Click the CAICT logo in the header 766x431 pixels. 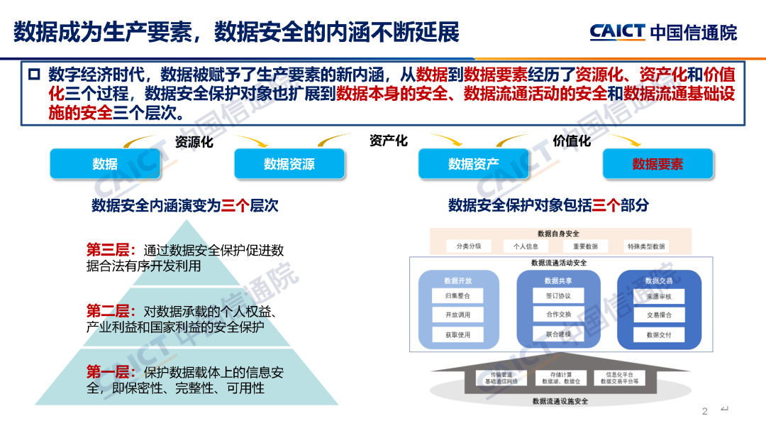click(x=662, y=32)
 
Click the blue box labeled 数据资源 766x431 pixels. click(x=289, y=164)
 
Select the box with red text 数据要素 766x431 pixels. click(x=657, y=164)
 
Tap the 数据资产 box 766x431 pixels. click(x=473, y=164)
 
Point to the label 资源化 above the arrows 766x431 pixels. click(x=194, y=142)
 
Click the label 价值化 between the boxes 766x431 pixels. click(x=572, y=141)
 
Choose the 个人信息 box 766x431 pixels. click(x=526, y=246)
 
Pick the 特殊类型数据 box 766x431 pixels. click(x=645, y=246)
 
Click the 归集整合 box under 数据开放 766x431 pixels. click(x=457, y=295)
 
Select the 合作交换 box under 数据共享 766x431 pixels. click(x=558, y=315)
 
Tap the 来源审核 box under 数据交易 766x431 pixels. click(x=659, y=295)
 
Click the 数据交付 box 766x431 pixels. click(x=659, y=334)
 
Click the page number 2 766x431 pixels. click(x=705, y=412)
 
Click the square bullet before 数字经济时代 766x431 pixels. click(x=33, y=75)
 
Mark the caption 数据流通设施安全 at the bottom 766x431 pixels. click(x=560, y=401)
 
